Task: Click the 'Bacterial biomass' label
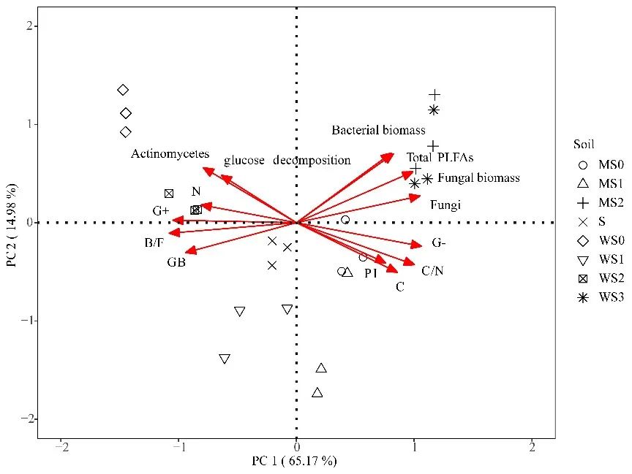pos(378,131)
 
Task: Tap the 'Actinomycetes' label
pos(170,154)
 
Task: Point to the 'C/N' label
pos(432,271)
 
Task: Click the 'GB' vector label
pos(176,262)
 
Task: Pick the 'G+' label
pos(161,211)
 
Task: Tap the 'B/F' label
pos(154,242)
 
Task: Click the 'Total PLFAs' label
pos(440,157)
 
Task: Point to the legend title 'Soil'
pos(584,144)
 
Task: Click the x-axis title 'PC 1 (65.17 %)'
pos(295,462)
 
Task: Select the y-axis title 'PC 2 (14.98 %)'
pos(11,222)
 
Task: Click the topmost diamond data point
pos(123,90)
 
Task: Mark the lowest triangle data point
pos(317,393)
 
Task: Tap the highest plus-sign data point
pos(434,95)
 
